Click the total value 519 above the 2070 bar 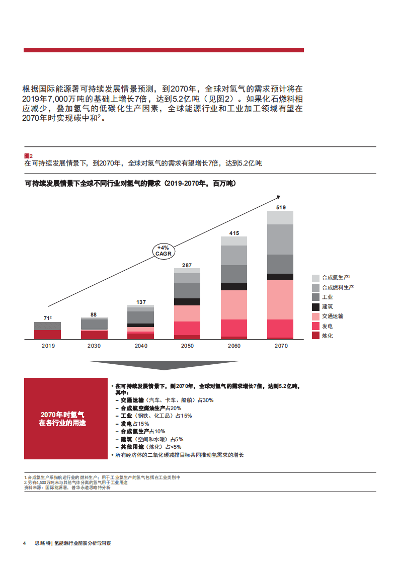tap(281, 207)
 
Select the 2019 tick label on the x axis tap(48, 346)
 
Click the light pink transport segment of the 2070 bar tap(280, 299)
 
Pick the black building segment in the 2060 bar tap(234, 286)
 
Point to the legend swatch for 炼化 tap(315, 336)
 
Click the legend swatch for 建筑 tap(315, 307)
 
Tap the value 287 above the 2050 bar tap(187, 265)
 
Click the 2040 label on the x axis tap(141, 346)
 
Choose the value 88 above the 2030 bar tap(94, 314)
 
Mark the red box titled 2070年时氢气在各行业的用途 tap(66, 418)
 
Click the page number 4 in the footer tap(24, 544)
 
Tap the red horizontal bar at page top tap(164, 50)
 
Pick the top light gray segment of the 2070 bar tap(280, 217)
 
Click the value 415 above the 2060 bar tap(234, 233)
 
